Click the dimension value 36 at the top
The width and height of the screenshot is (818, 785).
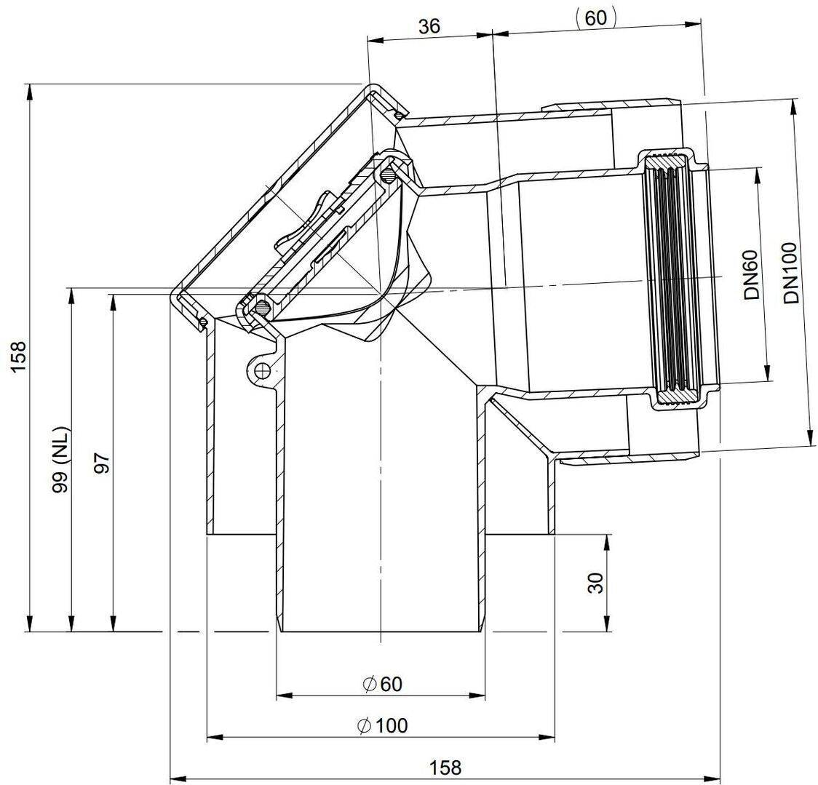[429, 26]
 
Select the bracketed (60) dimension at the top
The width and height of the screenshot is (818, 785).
[596, 17]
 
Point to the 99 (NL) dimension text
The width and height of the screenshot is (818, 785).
[61, 460]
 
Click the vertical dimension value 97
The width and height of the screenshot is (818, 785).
[103, 463]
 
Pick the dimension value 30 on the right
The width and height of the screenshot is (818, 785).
[595, 583]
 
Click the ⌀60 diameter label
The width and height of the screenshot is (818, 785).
[382, 684]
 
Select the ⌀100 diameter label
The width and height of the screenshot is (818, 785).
[382, 725]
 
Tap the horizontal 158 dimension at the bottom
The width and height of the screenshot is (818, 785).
[445, 768]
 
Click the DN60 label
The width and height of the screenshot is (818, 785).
[752, 281]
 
